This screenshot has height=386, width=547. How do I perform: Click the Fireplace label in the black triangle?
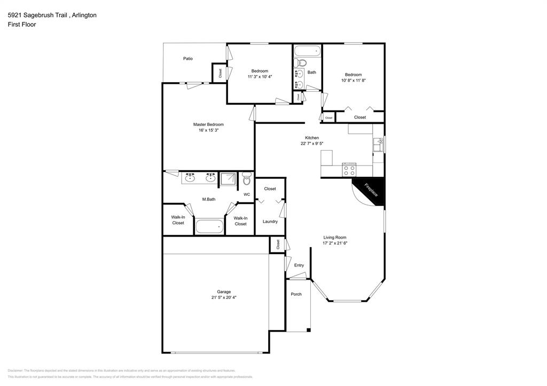coord(372,191)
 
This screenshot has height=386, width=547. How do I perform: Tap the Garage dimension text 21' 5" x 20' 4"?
coord(224,297)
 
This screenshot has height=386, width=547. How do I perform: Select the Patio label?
coord(187,59)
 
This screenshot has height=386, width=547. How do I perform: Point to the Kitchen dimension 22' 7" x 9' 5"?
coord(311,144)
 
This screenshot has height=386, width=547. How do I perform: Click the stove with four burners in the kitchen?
coord(349,170)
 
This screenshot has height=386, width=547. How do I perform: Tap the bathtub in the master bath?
coord(209,226)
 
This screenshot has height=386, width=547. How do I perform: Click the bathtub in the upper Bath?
coord(307,52)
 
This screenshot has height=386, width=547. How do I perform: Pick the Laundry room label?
coord(270,222)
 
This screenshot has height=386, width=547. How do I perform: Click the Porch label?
coord(296,294)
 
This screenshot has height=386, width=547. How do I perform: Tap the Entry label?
coord(299,265)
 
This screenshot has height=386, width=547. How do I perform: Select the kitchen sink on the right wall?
coord(378,145)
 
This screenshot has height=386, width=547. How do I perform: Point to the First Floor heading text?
coord(22,25)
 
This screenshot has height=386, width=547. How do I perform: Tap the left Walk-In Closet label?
coord(178,220)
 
